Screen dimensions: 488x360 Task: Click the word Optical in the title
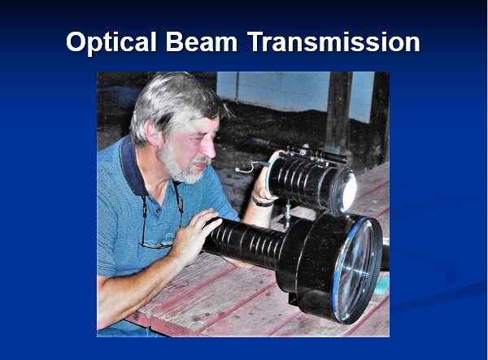coord(111,42)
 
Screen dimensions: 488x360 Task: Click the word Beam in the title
coord(202,42)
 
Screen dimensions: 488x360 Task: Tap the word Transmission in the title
coord(333,42)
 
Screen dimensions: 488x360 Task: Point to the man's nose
coord(210,149)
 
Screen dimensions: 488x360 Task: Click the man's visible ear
coord(154,132)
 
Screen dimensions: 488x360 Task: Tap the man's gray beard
coord(181,167)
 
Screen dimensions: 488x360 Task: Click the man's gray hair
coord(174,102)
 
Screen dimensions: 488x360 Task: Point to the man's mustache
coord(202,161)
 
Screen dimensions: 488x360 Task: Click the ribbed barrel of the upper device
coord(302,183)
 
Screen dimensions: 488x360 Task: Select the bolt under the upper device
coord(288,211)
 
